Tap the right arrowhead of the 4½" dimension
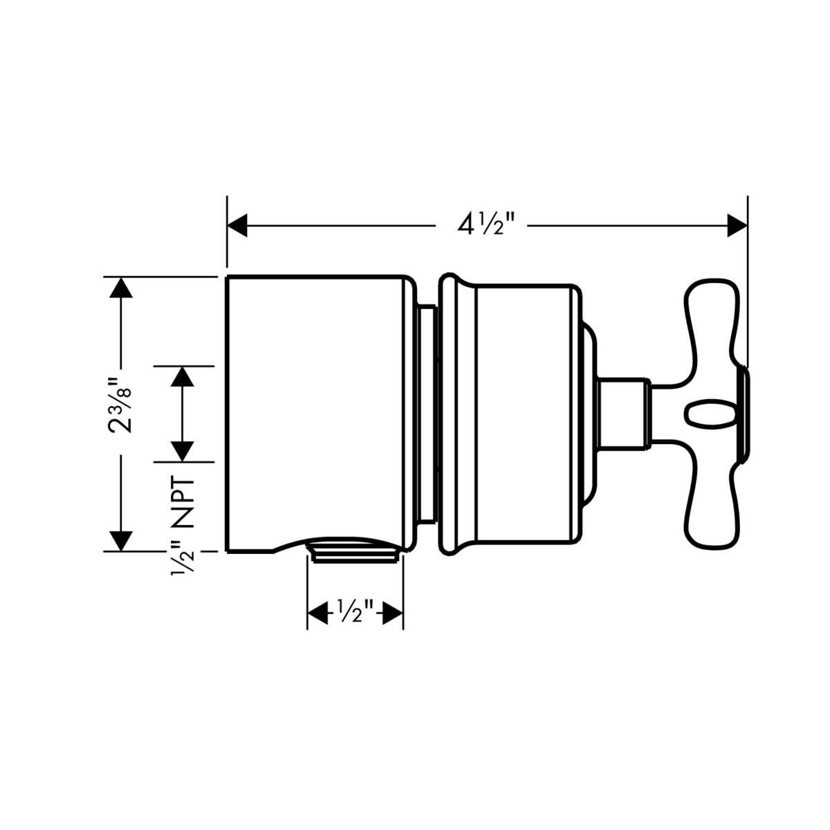pos(737,225)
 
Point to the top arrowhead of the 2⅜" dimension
pos(121,287)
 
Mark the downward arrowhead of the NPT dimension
pos(182,451)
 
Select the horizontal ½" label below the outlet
pos(355,611)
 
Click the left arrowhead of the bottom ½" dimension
pos(317,612)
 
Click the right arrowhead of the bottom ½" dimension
pos(394,612)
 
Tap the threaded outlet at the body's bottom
pos(354,555)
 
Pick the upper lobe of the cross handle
pos(712,325)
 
